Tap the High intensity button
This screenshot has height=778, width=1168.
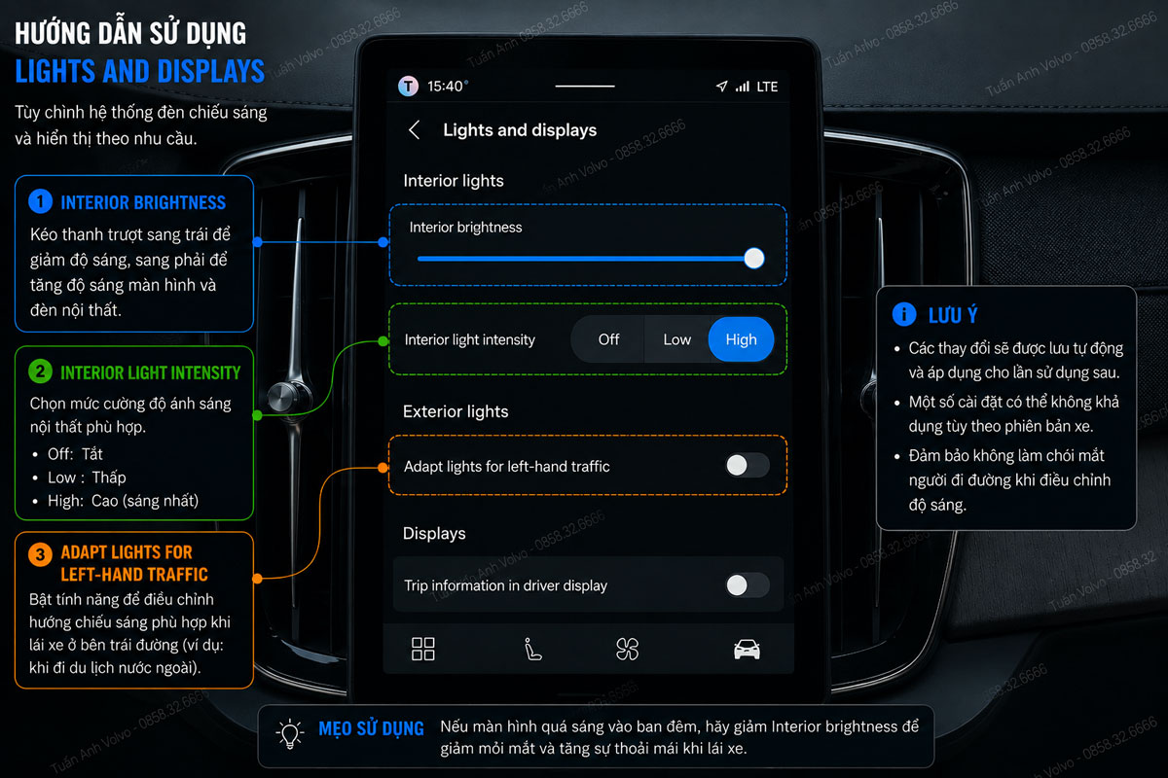(x=741, y=339)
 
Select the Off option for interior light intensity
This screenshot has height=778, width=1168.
(x=608, y=339)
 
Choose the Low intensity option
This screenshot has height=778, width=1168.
(x=676, y=339)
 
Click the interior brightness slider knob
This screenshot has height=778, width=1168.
(x=754, y=258)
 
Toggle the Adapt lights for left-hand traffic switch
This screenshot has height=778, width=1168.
(x=748, y=465)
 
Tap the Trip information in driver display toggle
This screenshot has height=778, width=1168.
(x=748, y=585)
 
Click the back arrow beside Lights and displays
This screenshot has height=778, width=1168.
(x=415, y=129)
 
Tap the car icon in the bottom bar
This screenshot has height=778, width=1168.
(x=747, y=650)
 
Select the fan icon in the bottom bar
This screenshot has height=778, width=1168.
(x=627, y=650)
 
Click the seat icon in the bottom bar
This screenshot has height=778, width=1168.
(x=532, y=650)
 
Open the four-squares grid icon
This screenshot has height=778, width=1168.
(x=422, y=650)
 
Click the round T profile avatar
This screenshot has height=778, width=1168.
(x=408, y=86)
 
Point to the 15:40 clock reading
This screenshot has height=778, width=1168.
(x=445, y=86)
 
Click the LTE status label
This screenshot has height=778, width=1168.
(x=767, y=87)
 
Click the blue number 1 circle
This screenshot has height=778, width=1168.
(x=40, y=201)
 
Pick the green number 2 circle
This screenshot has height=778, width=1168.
(x=40, y=371)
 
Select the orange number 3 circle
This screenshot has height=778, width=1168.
(x=40, y=554)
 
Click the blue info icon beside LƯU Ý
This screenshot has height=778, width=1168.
(x=904, y=314)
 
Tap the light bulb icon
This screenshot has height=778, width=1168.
(x=290, y=733)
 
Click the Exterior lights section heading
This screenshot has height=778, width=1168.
(x=456, y=411)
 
